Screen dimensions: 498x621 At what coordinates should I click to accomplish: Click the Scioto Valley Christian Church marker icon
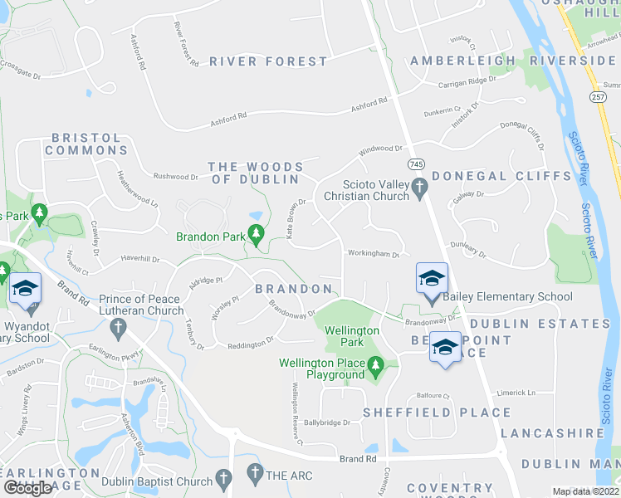pos(420,190)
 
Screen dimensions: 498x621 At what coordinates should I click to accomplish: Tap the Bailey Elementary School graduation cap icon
pos(432,278)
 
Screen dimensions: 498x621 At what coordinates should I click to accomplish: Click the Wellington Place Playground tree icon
pos(375,364)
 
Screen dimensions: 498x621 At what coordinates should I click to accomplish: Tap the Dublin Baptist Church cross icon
pos(222,479)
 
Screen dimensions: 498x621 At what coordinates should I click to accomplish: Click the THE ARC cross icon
pos(254,476)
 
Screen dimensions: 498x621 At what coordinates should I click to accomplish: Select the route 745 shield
pos(416,164)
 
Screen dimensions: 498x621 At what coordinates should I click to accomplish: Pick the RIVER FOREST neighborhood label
pos(269,61)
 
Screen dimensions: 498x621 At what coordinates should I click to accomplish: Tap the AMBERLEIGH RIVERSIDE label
pos(512,61)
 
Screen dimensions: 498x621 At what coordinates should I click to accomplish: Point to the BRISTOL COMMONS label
pos(86,144)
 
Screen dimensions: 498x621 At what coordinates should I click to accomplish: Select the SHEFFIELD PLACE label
pos(437,413)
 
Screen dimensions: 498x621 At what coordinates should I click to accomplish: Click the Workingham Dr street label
pos(374,254)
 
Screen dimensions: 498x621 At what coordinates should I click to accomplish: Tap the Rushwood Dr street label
pos(175,176)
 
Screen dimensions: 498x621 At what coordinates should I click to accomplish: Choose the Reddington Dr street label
pos(252,340)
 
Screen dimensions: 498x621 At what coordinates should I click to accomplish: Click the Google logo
pos(27,488)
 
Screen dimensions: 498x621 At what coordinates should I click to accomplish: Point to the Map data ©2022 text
pos(586,491)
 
